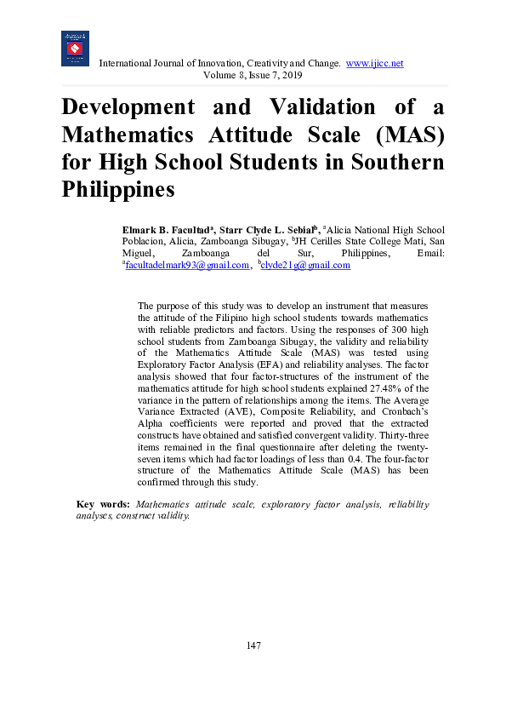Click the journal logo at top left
75,49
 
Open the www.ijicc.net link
374,64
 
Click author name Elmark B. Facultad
167,230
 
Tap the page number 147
253,646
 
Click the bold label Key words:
103,505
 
